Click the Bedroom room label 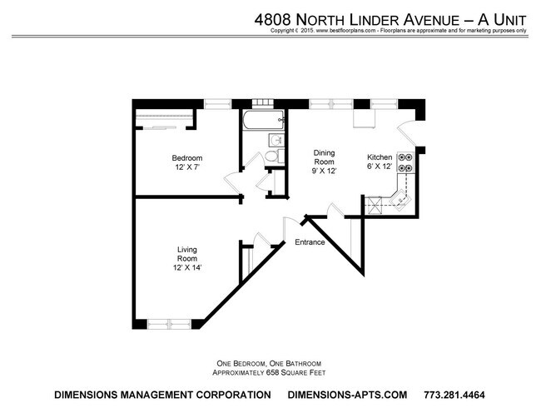(186, 158)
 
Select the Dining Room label (324, 157)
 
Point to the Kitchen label (380, 157)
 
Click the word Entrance (310, 243)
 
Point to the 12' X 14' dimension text (186, 267)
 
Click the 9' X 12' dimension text (324, 172)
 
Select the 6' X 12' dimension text (380, 167)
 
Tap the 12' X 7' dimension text (186, 168)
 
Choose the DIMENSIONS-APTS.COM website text (345, 394)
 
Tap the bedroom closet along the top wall (166, 118)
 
